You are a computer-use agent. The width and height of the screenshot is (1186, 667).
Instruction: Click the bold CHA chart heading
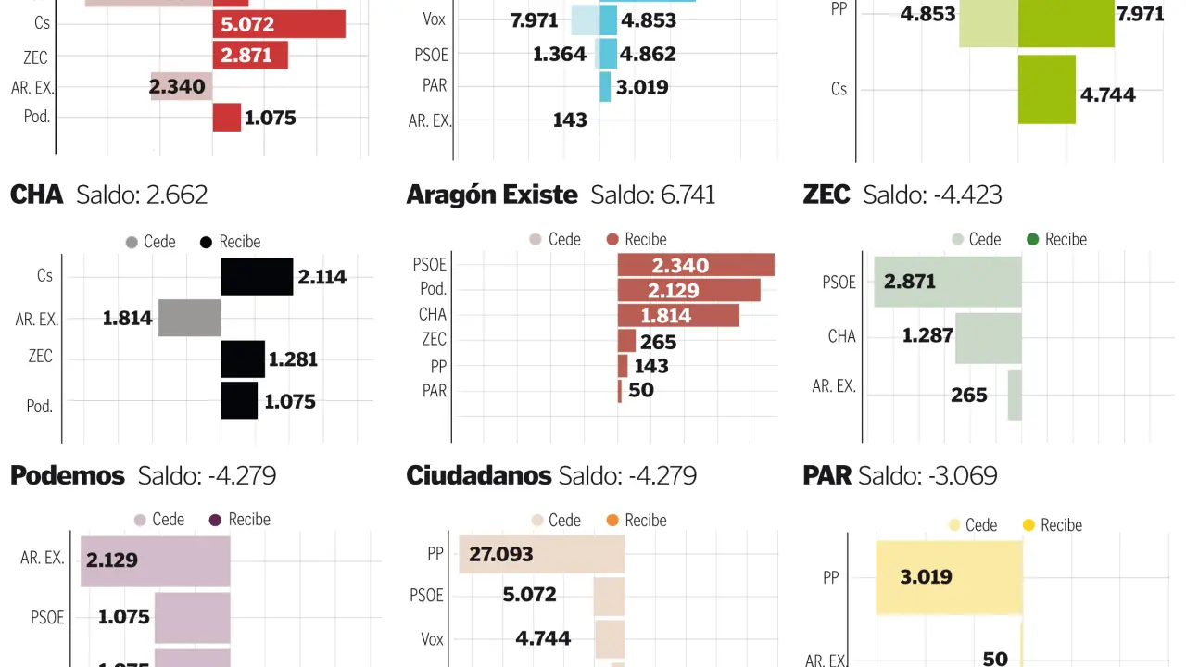pyautogui.click(x=36, y=195)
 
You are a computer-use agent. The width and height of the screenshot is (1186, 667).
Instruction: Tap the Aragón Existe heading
pyautogui.click(x=491, y=195)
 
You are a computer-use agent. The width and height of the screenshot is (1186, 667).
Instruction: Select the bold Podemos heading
pyautogui.click(x=67, y=476)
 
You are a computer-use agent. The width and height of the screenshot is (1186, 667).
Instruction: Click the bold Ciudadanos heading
pyautogui.click(x=478, y=476)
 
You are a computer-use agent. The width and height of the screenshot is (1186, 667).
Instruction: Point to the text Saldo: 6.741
pyautogui.click(x=652, y=195)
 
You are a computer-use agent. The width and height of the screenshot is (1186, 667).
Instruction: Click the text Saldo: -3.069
pyautogui.click(x=927, y=476)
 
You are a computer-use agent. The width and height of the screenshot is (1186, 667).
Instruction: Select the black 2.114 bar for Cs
pyautogui.click(x=257, y=276)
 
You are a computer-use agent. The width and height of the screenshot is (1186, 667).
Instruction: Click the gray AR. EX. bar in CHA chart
pyautogui.click(x=189, y=318)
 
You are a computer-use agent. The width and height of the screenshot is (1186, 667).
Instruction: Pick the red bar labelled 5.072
pyautogui.click(x=278, y=24)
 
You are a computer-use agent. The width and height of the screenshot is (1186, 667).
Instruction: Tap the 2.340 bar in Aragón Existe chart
pyautogui.click(x=695, y=265)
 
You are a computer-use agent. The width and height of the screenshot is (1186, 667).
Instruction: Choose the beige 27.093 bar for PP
pyautogui.click(x=541, y=554)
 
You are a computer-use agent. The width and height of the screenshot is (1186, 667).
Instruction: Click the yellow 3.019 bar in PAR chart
pyautogui.click(x=949, y=576)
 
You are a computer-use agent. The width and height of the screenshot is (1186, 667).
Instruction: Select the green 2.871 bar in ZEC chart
pyautogui.click(x=947, y=282)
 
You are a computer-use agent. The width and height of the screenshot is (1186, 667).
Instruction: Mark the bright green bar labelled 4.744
pyautogui.click(x=1046, y=89)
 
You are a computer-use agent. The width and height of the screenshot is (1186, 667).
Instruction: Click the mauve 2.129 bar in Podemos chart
pyautogui.click(x=155, y=560)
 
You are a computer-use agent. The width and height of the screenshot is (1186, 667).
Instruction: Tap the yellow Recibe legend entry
pyautogui.click(x=1051, y=525)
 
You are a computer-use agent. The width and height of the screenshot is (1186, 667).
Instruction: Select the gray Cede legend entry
pyautogui.click(x=150, y=242)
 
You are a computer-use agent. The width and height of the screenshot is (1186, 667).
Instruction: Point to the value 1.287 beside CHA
pyautogui.click(x=927, y=335)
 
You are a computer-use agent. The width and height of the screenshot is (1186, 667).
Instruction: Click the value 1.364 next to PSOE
pyautogui.click(x=560, y=54)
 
